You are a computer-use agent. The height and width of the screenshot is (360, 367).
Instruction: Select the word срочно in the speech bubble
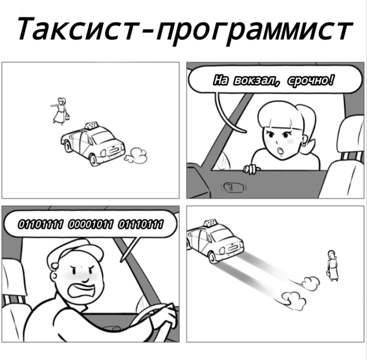[x=311, y=80]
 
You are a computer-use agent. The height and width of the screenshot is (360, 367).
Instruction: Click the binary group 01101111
[x=40, y=224]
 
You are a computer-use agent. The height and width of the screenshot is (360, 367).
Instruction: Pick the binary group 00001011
[x=90, y=224]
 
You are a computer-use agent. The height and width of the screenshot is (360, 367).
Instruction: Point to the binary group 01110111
[x=140, y=224]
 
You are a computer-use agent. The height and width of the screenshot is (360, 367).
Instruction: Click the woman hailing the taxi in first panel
[x=60, y=111]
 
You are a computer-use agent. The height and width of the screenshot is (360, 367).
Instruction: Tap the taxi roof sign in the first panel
[x=91, y=125]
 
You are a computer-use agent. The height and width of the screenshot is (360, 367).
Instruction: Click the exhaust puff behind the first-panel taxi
[x=136, y=155]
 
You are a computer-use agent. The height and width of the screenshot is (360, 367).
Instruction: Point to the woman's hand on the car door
[x=251, y=169]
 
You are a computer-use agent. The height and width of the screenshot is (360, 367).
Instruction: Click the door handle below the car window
[x=234, y=187]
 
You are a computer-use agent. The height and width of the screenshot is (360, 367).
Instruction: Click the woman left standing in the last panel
[x=332, y=265]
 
